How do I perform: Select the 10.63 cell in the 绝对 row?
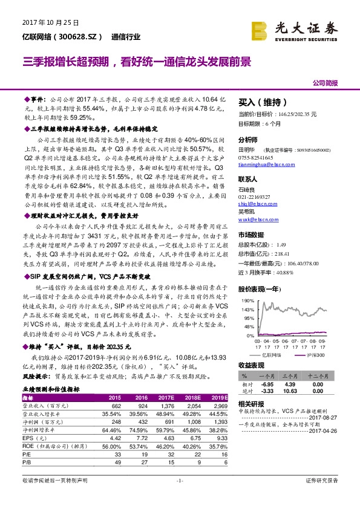coord(290,391)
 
